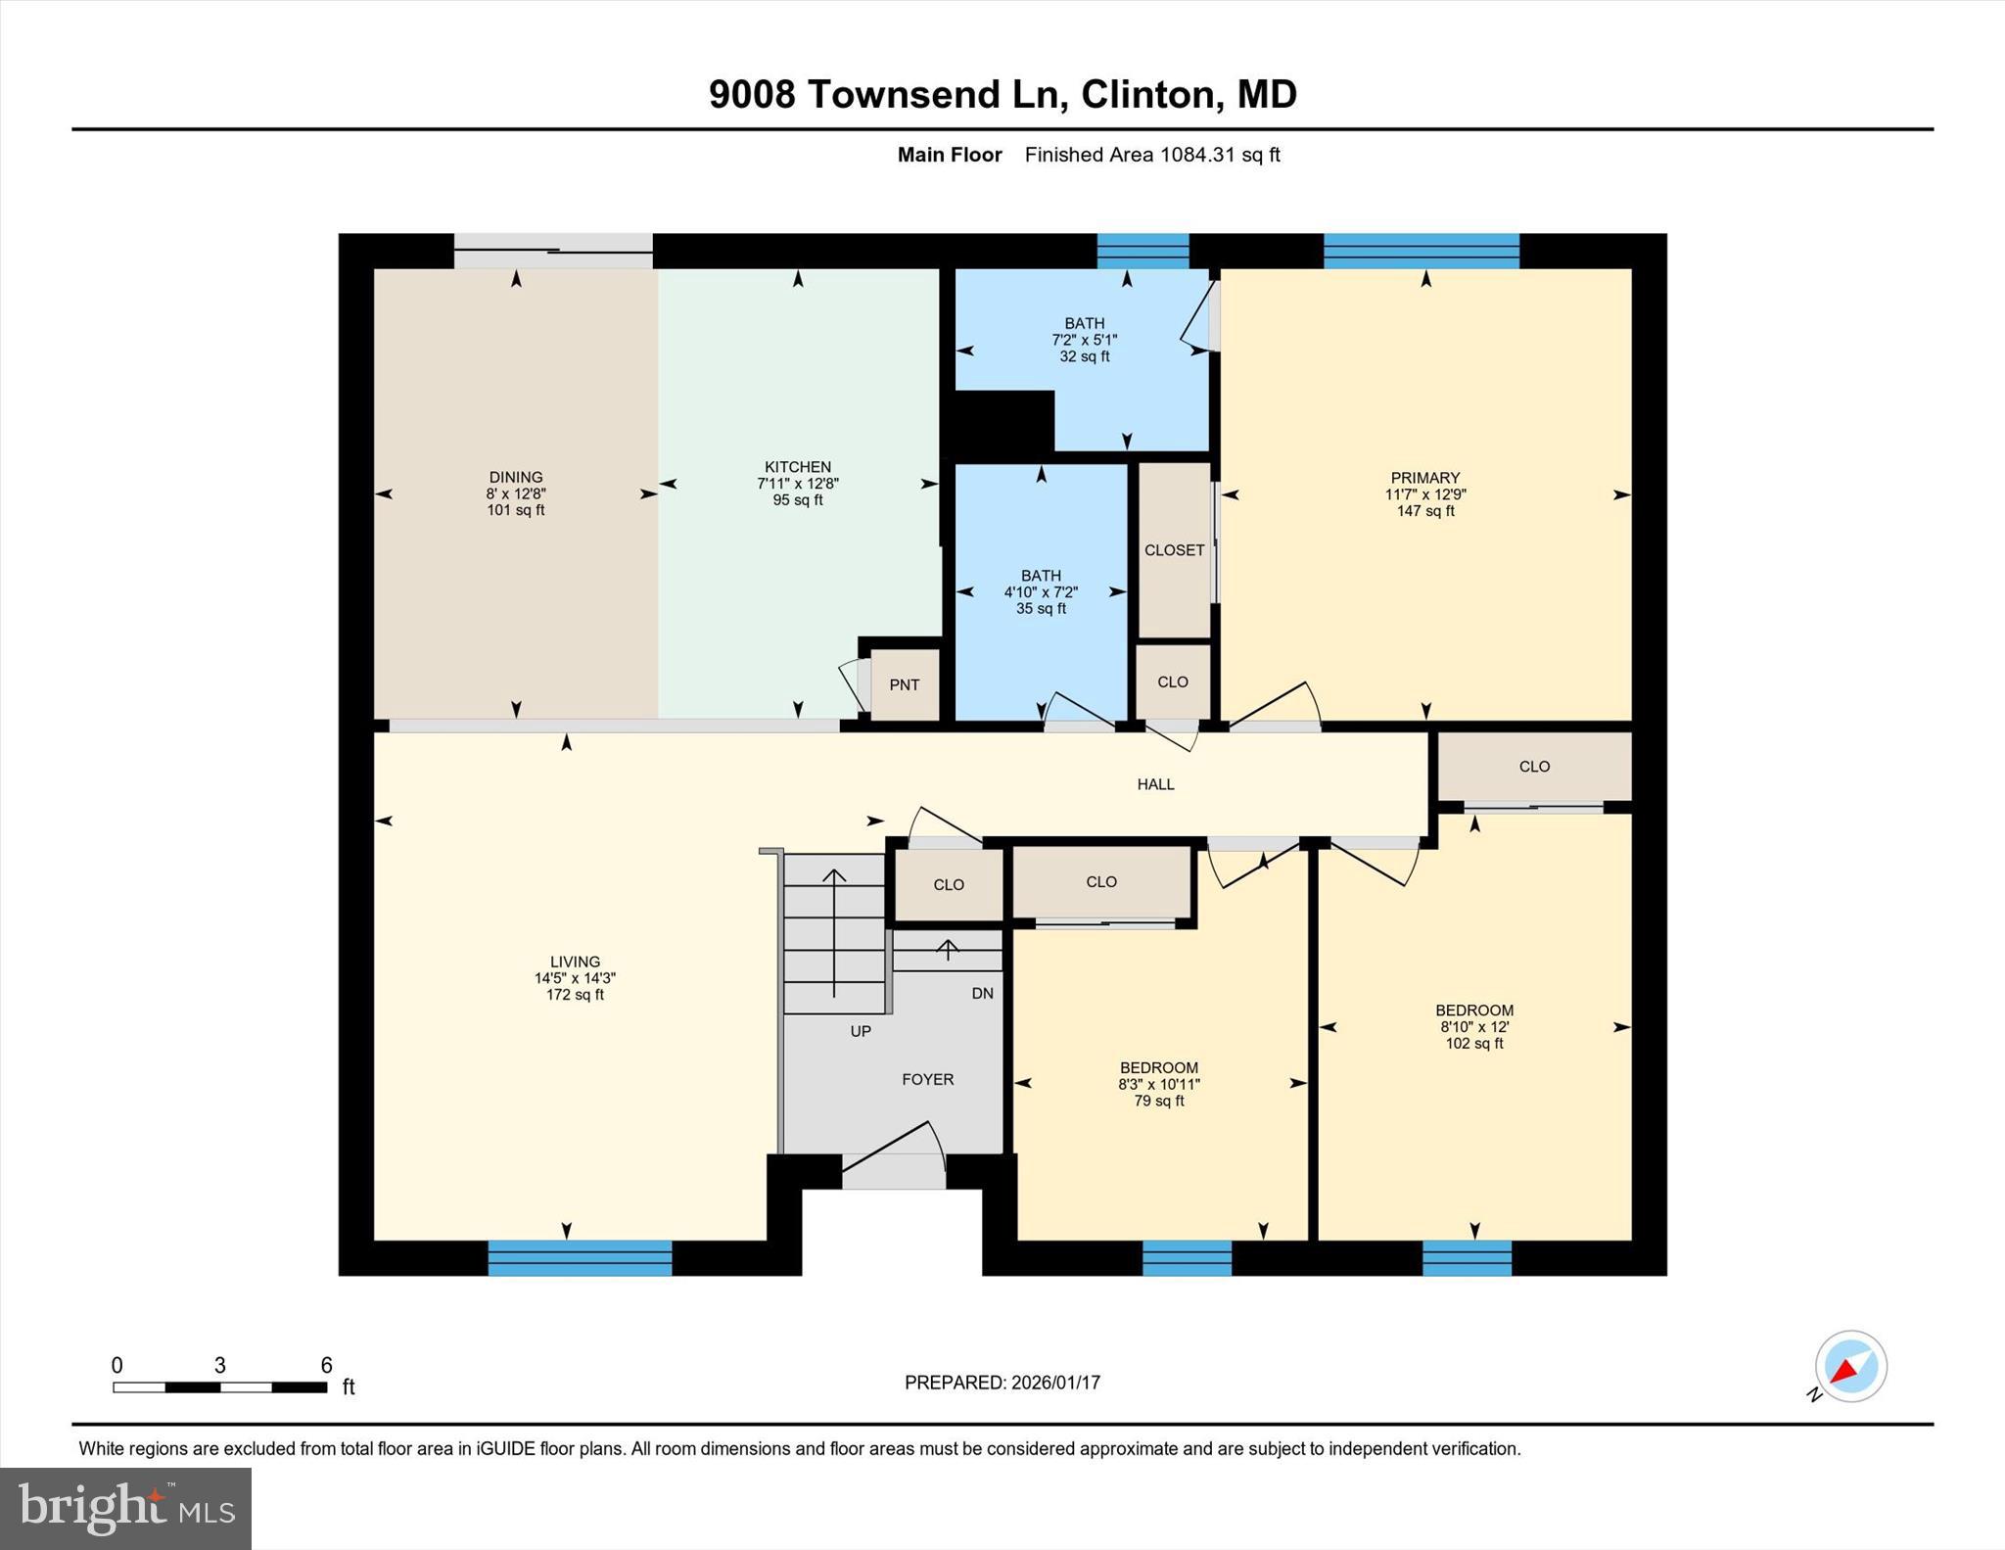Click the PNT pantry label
coord(904,685)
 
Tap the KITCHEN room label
coord(798,467)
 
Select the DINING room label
coord(516,478)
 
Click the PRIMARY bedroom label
coord(1424,479)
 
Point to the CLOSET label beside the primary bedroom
coord(1174,550)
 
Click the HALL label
coord(1155,784)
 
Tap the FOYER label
coord(927,1079)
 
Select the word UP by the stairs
coord(861,1031)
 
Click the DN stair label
coord(982,993)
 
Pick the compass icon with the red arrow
coord(1849,1367)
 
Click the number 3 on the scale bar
coord(220,1365)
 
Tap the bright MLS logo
coord(125,1508)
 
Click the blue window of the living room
coord(580,1257)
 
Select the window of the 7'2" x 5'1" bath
coord(1142,251)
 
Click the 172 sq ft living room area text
coord(575,995)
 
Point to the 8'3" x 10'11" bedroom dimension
coord(1159,1085)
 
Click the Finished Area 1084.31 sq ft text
coord(1151,155)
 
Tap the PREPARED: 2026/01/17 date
coord(1002,1383)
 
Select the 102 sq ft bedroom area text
coord(1474,1044)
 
